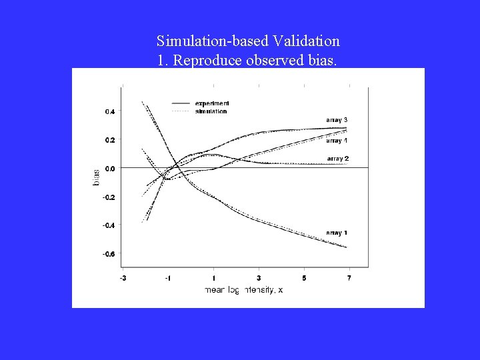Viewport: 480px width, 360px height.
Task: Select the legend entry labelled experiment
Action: tap(212, 103)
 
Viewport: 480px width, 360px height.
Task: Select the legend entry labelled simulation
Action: tap(211, 111)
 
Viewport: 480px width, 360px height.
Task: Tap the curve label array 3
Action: tap(337, 120)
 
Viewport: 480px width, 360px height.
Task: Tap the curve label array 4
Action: tap(337, 141)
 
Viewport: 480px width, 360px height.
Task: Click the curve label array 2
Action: tap(338, 159)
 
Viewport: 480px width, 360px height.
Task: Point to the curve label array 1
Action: tap(337, 233)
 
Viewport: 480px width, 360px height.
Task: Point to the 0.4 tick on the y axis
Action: tap(110, 112)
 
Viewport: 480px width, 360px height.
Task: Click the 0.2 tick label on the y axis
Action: tap(110, 141)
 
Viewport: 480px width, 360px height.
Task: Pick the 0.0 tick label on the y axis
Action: tap(110, 169)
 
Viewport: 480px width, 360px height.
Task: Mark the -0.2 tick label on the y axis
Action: tap(109, 197)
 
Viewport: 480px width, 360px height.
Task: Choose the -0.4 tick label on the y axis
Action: tap(109, 225)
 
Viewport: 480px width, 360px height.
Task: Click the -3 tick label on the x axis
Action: tap(123, 277)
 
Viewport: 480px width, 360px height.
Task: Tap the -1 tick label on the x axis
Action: tap(168, 277)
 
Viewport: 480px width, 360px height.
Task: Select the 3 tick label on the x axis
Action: tap(259, 277)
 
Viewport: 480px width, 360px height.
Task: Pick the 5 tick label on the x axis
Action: tap(304, 277)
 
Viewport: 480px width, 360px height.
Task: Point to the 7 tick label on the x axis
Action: tap(349, 277)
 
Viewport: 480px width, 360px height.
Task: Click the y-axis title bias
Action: tap(96, 177)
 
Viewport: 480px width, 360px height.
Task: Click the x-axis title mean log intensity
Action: tap(243, 290)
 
